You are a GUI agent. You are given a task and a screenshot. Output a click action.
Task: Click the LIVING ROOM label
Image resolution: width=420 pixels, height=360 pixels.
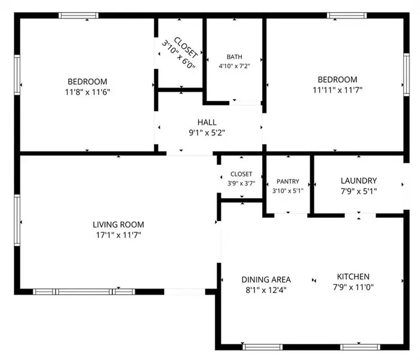[x=118, y=224]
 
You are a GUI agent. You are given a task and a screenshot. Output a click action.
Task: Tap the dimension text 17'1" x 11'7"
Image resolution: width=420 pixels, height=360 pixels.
[x=118, y=235]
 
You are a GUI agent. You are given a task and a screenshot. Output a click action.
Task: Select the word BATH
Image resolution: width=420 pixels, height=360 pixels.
[x=235, y=57]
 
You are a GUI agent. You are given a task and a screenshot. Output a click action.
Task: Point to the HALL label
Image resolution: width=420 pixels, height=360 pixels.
[x=207, y=122]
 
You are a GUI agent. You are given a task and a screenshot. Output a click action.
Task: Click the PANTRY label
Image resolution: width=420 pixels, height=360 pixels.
[x=287, y=182]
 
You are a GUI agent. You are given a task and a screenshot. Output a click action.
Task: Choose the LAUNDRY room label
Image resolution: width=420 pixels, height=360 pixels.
[x=359, y=181]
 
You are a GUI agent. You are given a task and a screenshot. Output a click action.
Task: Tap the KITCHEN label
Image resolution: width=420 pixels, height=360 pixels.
[x=353, y=277]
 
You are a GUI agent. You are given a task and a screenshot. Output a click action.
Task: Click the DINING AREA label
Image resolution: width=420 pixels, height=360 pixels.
[x=266, y=280]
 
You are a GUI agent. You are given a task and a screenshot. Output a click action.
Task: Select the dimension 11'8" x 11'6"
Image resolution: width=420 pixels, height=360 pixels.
[x=88, y=92]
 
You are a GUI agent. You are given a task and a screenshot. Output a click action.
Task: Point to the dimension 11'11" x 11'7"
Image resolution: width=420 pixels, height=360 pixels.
[x=337, y=90]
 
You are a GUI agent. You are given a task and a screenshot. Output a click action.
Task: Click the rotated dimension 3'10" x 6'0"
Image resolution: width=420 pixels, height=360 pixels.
[x=178, y=55]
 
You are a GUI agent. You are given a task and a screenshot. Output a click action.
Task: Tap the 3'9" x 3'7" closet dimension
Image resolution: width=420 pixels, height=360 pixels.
[x=241, y=184]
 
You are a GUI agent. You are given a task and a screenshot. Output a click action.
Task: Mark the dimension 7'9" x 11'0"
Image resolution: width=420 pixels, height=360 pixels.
[x=353, y=287]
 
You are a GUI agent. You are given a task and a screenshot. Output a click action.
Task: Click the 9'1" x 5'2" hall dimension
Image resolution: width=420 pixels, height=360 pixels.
[x=207, y=133]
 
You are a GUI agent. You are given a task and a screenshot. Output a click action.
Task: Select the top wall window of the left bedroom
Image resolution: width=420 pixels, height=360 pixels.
[x=79, y=15]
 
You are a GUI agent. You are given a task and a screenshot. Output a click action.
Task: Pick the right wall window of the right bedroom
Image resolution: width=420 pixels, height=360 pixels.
[x=406, y=74]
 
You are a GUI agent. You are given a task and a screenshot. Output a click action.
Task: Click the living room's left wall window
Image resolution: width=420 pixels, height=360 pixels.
[x=17, y=220]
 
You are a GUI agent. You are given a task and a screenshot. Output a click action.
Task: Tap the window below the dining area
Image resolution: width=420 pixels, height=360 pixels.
[x=263, y=347]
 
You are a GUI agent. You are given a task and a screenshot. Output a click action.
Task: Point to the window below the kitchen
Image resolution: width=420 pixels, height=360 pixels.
[x=360, y=347]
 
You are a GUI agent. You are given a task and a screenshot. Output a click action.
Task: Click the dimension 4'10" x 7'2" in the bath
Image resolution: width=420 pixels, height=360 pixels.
[x=235, y=66]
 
